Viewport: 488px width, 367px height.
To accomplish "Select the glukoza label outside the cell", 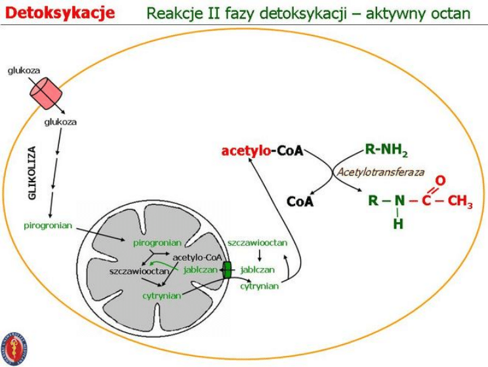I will (23, 69).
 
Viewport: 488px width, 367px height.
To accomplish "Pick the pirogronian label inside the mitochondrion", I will (156, 242).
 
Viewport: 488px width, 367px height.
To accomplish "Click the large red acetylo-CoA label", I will (262, 151).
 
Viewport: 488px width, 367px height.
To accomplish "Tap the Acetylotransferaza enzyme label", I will (380, 172).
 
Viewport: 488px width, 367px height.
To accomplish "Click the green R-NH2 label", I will (386, 151).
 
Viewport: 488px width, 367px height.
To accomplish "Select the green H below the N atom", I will (398, 223).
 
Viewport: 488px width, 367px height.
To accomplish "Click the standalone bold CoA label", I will (300, 202).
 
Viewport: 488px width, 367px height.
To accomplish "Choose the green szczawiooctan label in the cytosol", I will (257, 242).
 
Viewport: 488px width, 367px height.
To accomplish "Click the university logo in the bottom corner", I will (14, 347).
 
